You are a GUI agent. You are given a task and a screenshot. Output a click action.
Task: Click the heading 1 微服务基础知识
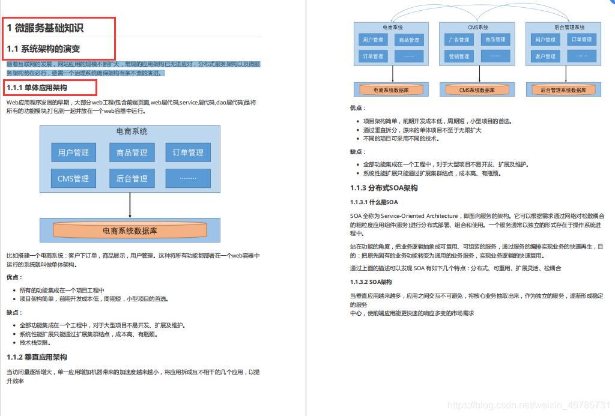pos(45,28)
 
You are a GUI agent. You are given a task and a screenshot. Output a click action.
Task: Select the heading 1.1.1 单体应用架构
pos(41,88)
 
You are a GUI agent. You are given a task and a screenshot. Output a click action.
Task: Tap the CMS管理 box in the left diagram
pos(73,178)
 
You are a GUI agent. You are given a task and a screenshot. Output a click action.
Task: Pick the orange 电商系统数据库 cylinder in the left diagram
pos(130,230)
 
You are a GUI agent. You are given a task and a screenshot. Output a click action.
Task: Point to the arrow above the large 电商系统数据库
pos(130,206)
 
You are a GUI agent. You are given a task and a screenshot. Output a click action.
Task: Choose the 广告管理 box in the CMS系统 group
pos(459,40)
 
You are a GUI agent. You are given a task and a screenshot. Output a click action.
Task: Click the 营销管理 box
pos(459,56)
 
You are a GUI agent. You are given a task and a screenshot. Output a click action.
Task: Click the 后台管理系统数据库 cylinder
pos(563,90)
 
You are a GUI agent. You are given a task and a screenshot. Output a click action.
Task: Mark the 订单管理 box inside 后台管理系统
pos(581,40)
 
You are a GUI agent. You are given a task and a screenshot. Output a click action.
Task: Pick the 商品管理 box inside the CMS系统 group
pos(495,40)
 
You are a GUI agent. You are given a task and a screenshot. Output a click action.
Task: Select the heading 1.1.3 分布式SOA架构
pos(384,188)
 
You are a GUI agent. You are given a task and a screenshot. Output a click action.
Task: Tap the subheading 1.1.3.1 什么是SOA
pos(374,202)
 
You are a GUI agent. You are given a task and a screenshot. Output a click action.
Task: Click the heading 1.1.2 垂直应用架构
pos(37,357)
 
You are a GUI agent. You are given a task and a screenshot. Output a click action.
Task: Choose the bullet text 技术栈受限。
pos(35,343)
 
